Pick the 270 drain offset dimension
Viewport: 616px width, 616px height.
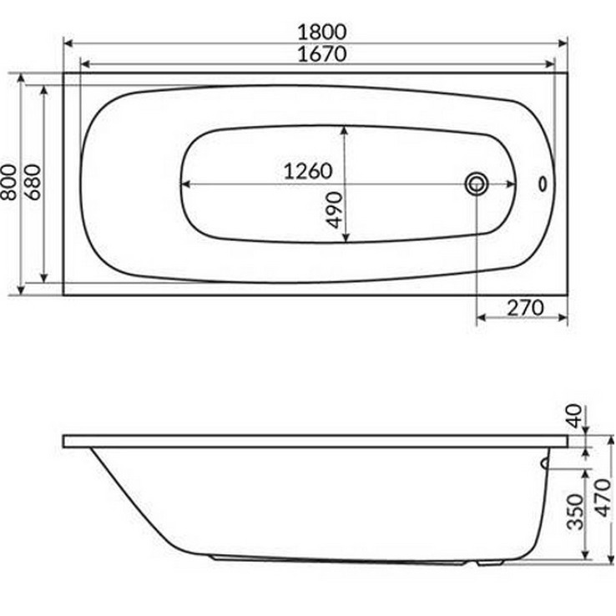click(526, 307)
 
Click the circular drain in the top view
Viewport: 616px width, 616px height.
click(477, 183)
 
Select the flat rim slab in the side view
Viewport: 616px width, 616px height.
click(317, 441)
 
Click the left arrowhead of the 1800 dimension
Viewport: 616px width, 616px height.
click(68, 41)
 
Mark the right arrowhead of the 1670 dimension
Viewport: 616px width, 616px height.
click(550, 64)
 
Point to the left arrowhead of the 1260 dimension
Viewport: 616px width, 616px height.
click(186, 184)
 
